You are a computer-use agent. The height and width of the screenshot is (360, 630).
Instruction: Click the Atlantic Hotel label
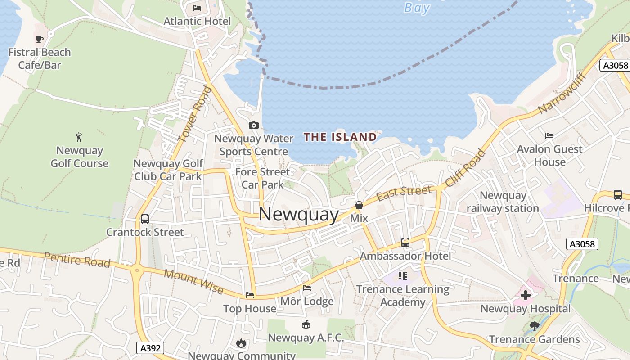click(197, 21)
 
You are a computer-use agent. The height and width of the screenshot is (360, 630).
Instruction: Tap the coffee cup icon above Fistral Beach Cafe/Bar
click(40, 39)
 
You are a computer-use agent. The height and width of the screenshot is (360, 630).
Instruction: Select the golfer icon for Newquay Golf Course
click(79, 137)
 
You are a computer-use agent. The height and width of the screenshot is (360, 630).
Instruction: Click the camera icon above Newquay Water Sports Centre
click(254, 125)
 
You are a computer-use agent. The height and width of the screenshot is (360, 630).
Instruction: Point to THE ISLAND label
click(340, 137)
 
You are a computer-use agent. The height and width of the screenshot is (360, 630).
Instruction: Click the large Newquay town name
click(299, 215)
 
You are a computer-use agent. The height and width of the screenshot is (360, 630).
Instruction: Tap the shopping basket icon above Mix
click(359, 205)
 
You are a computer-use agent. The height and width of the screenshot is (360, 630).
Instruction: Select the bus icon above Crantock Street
click(145, 219)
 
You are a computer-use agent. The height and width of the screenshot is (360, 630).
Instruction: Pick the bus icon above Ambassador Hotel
click(405, 243)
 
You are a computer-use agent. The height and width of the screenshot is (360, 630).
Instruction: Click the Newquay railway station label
click(503, 202)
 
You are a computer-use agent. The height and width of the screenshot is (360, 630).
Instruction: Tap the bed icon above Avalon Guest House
click(549, 135)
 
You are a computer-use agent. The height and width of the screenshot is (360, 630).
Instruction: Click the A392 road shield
click(150, 348)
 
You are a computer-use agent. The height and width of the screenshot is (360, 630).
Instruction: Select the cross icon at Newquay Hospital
click(525, 296)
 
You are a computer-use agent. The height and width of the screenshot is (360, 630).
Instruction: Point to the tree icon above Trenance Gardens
click(535, 326)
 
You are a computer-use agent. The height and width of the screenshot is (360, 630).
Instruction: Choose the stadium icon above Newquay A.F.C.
click(306, 324)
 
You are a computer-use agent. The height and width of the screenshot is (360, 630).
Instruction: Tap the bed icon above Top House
click(250, 295)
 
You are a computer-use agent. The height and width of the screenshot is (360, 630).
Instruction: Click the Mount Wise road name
click(193, 281)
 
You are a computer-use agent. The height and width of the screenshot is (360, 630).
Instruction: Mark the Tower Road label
click(195, 115)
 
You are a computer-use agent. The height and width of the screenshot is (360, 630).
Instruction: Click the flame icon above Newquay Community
click(241, 343)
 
